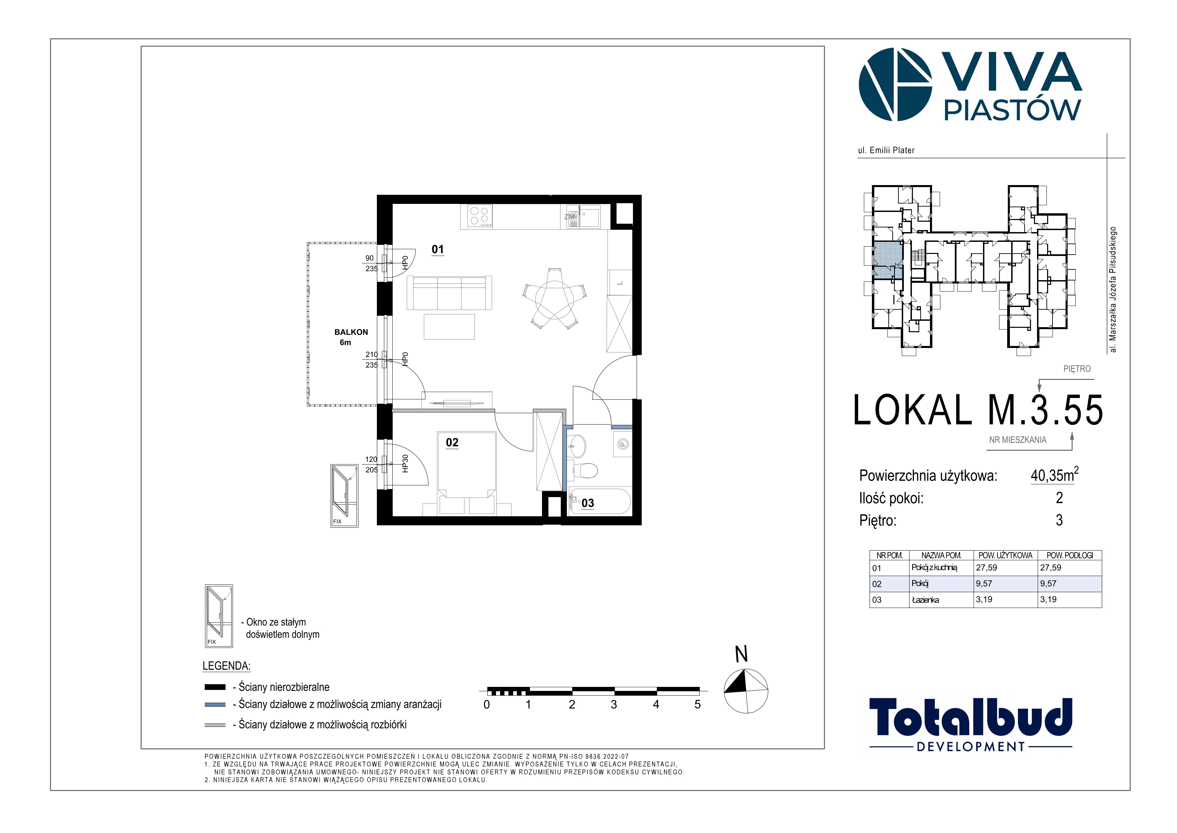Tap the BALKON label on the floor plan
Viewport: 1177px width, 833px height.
351,332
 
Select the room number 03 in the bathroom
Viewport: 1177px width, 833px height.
587,503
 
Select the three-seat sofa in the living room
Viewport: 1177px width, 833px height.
449,293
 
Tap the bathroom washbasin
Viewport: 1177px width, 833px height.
577,446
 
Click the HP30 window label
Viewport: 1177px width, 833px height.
405,464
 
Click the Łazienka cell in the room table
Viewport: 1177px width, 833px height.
925,600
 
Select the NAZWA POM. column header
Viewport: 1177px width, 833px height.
941,556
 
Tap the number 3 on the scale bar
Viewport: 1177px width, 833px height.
614,705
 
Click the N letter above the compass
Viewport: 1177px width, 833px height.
741,655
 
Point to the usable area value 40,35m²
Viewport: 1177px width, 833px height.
1055,475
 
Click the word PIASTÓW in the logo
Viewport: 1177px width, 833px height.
1013,110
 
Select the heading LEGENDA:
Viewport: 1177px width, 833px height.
227,666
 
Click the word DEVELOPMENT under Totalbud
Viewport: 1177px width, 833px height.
971,747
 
